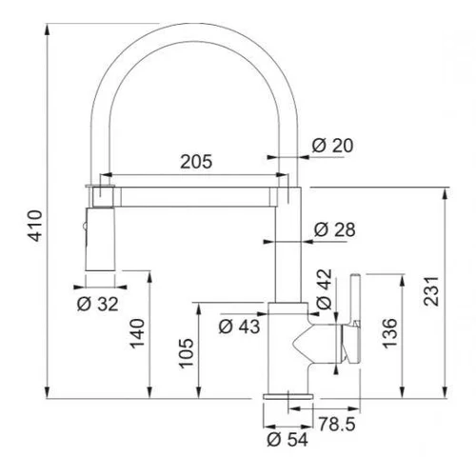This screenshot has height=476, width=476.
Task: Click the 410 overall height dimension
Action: [35, 226]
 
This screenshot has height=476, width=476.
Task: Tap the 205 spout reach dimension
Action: [196, 162]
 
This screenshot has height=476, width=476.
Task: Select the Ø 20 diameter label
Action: [332, 146]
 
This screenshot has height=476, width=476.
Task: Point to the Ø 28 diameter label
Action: [334, 229]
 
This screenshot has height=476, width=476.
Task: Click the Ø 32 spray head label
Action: [98, 304]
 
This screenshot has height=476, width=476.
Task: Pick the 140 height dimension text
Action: [138, 333]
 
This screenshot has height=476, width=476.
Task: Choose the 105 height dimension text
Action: [187, 353]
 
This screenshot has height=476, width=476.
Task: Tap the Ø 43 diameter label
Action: [239, 327]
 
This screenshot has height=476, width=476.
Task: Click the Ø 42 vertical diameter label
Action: [325, 289]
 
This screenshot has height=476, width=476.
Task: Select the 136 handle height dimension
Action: [390, 333]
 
